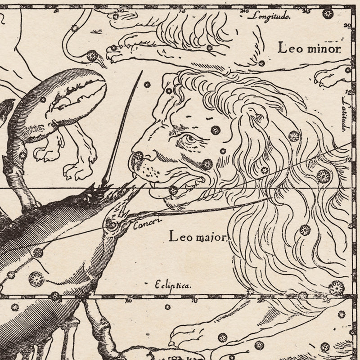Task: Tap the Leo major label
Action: [198, 235]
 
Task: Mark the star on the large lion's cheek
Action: [207, 163]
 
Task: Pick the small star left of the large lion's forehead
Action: [147, 84]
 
